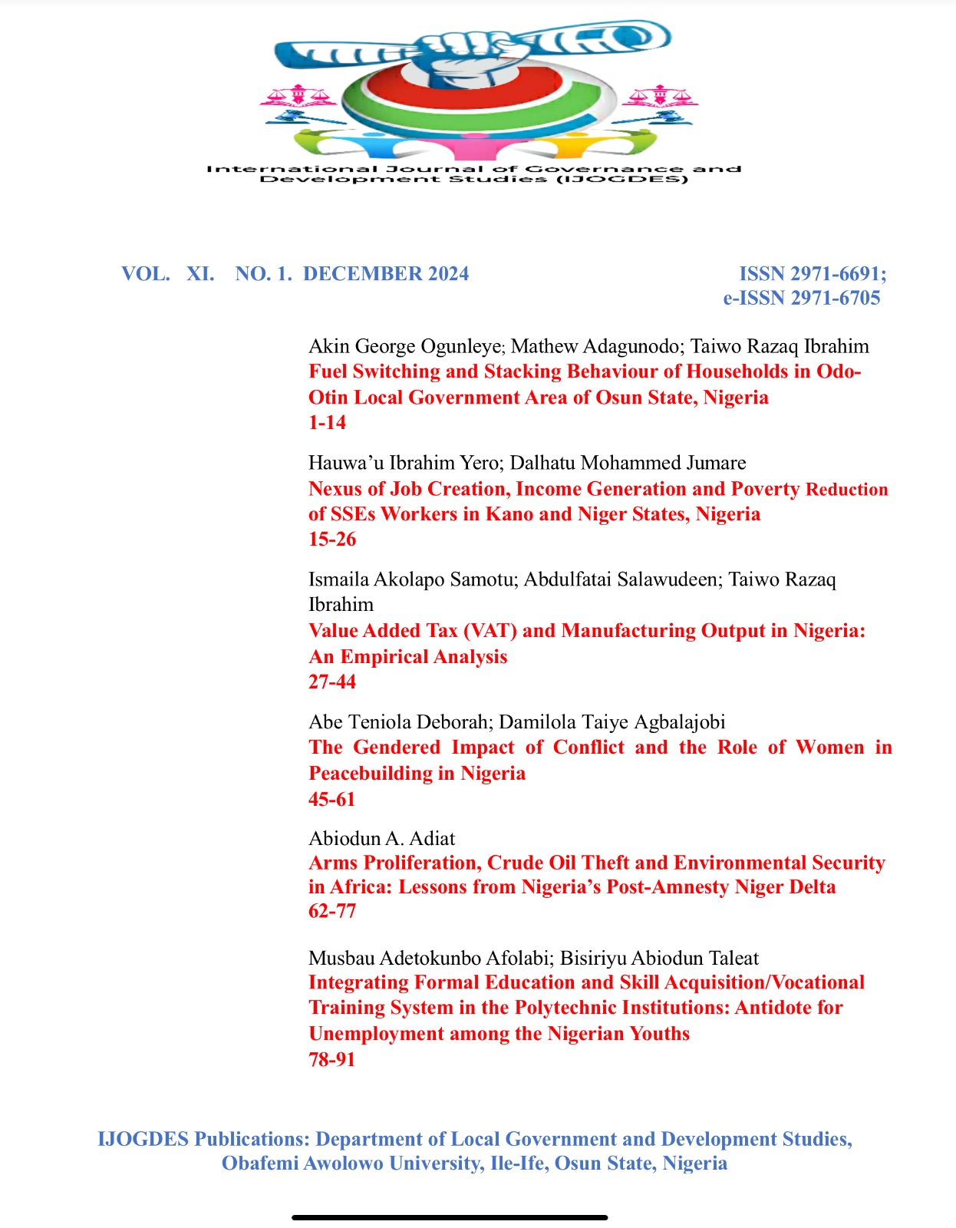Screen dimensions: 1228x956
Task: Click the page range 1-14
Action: pos(327,422)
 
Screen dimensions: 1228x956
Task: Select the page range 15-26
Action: pos(332,539)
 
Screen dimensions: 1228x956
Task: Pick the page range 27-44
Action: pos(332,682)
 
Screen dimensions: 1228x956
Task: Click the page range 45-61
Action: pos(332,799)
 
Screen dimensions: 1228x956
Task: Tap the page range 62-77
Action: pos(332,911)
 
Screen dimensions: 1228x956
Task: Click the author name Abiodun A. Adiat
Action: pos(382,838)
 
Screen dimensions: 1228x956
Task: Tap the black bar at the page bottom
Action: pos(450,1217)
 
